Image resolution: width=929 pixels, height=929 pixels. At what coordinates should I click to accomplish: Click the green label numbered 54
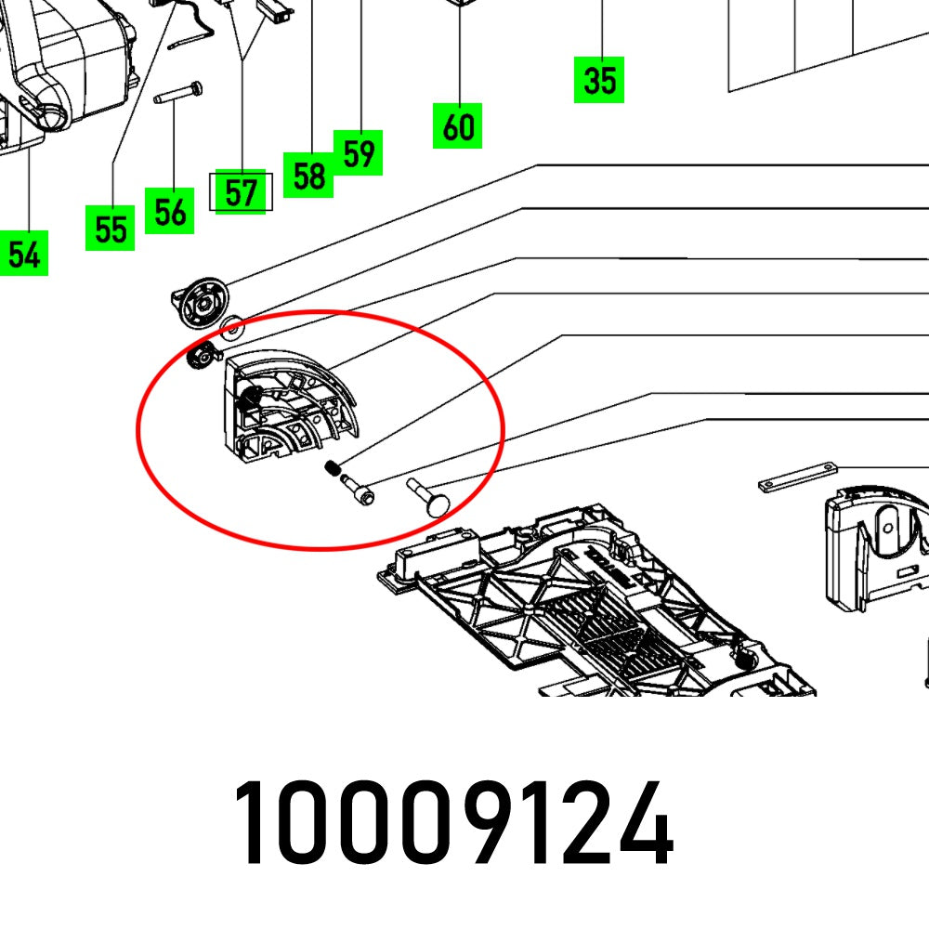[23, 255]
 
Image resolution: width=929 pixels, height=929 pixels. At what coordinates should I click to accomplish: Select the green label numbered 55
[111, 229]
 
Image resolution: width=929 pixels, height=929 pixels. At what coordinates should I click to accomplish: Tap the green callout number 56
[170, 212]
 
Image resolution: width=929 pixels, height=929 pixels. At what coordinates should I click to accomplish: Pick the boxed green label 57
[241, 193]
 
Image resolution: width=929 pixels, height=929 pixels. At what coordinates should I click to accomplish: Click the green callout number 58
[308, 175]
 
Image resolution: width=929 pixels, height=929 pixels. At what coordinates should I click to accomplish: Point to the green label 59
[359, 152]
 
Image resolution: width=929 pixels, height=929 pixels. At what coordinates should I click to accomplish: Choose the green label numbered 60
[458, 126]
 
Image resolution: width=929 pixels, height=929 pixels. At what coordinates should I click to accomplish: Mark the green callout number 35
[599, 80]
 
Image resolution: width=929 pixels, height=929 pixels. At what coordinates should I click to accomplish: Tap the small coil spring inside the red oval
[333, 470]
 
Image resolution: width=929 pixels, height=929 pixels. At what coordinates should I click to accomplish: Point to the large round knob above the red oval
[203, 302]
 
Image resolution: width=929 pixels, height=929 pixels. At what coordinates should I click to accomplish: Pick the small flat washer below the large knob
[232, 326]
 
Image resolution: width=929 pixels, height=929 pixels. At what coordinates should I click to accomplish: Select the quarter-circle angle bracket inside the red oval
[288, 409]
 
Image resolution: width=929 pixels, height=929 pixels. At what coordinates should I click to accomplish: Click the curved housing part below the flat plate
[878, 548]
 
